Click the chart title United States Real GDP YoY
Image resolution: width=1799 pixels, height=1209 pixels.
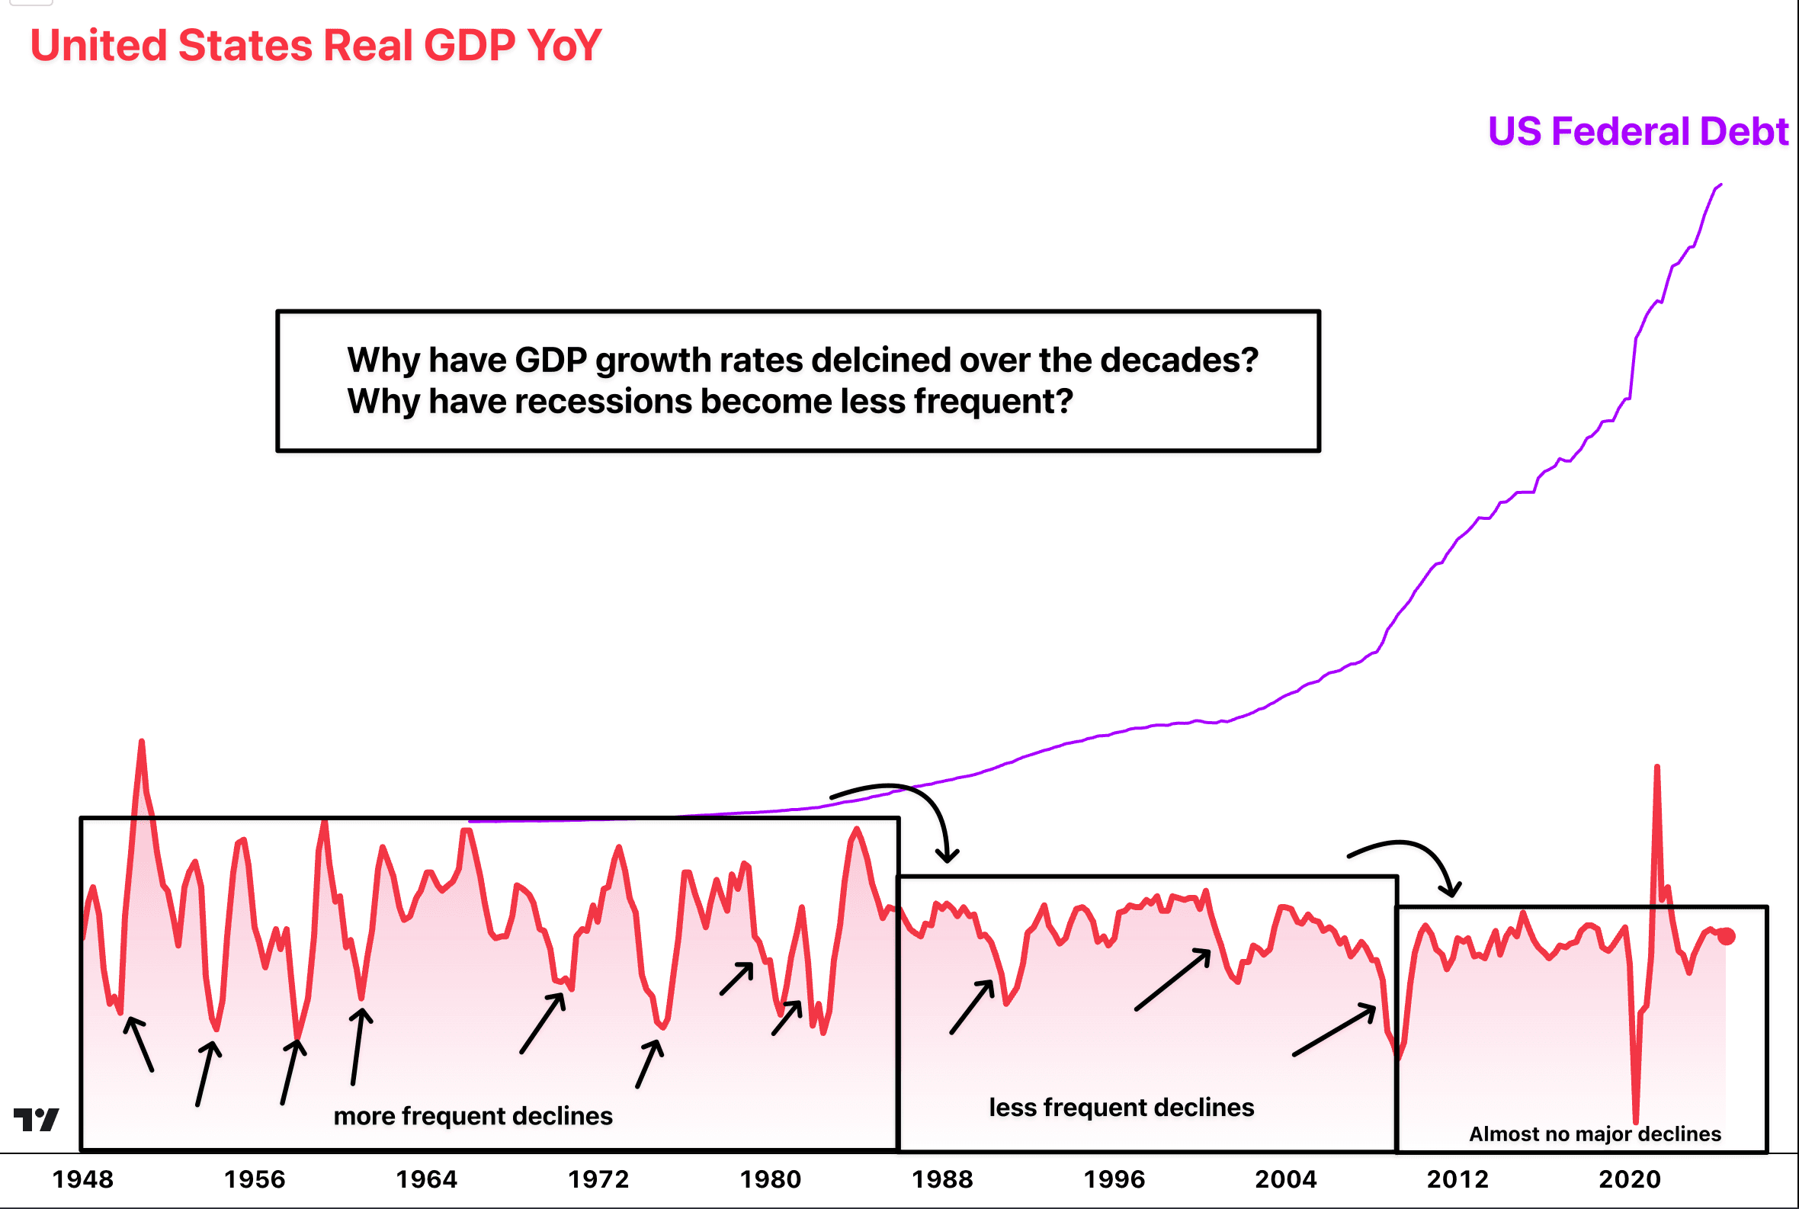click(316, 46)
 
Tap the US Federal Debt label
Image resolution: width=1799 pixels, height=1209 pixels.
click(1637, 132)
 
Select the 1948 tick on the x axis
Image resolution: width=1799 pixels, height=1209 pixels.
click(82, 1179)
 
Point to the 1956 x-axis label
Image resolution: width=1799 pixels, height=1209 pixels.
click(255, 1179)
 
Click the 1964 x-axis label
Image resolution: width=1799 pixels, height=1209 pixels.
click(426, 1179)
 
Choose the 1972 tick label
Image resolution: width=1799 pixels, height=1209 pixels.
click(598, 1179)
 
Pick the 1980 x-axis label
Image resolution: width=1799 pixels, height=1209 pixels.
click(771, 1179)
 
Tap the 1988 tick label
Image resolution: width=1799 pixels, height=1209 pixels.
click(942, 1179)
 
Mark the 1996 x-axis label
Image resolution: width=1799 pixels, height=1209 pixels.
click(1114, 1179)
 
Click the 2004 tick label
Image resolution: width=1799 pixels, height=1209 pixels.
click(1285, 1179)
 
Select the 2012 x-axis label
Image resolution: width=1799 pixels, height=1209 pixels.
click(1457, 1179)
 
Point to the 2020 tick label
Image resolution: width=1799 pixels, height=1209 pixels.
click(1629, 1179)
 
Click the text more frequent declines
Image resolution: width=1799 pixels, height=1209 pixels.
click(473, 1116)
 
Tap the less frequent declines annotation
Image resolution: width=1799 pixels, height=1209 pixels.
click(1121, 1107)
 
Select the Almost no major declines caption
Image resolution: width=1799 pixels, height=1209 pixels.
click(1595, 1134)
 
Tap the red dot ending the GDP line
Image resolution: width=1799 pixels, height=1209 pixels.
click(1727, 936)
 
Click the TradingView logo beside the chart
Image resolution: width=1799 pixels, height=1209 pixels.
click(37, 1120)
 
